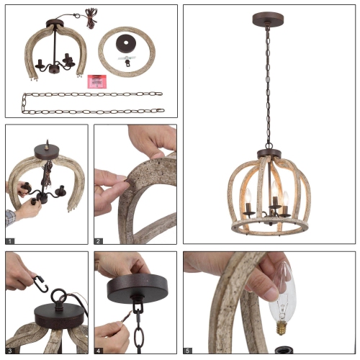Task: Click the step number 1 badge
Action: tap(10, 240)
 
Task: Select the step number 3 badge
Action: tap(10, 350)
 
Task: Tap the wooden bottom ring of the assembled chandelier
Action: tap(268, 226)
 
